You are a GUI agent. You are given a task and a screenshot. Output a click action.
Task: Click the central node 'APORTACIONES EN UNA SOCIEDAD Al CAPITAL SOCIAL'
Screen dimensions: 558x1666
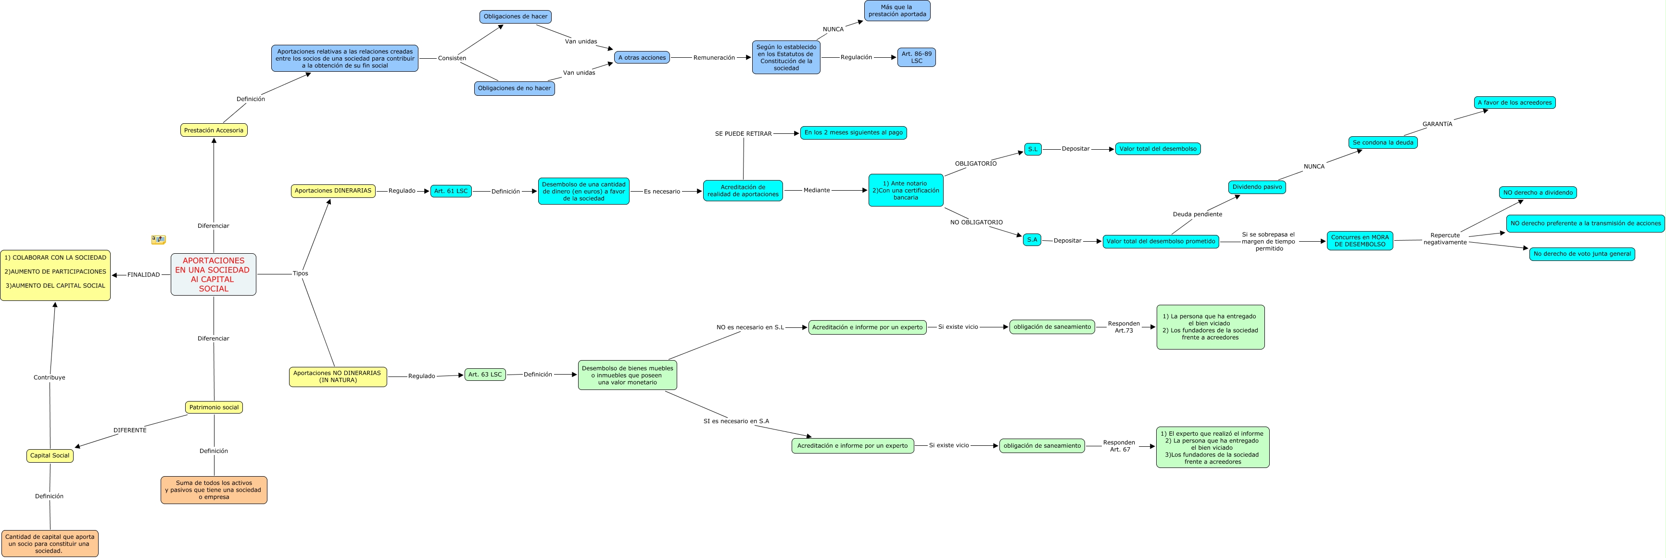pos(214,274)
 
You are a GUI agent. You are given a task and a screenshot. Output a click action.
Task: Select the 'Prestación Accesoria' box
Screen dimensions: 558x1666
pos(214,130)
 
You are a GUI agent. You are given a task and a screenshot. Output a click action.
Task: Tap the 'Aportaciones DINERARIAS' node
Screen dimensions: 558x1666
pos(333,191)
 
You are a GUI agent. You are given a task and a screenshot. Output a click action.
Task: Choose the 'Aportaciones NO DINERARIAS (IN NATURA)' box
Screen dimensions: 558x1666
pos(338,377)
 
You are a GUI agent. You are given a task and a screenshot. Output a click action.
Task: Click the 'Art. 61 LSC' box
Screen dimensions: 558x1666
pos(451,191)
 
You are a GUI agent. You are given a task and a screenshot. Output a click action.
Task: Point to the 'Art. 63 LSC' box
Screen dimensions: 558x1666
pos(485,375)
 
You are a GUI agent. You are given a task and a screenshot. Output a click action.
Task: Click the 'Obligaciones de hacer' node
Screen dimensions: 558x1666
pos(516,17)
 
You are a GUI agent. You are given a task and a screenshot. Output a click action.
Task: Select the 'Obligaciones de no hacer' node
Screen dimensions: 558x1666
pos(514,89)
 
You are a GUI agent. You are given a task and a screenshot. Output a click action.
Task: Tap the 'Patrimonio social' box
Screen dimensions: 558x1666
pos(214,407)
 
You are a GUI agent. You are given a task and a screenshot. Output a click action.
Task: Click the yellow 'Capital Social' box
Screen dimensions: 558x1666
pos(50,456)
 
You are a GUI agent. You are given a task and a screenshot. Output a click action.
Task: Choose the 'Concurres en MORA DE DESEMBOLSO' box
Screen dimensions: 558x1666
pos(1360,241)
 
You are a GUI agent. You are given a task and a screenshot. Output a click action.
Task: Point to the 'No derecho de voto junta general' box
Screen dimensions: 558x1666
pos(1582,254)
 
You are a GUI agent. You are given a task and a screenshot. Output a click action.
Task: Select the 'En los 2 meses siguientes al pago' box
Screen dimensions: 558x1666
pos(853,133)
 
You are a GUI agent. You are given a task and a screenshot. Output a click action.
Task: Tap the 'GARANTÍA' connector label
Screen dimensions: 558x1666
pos(1437,124)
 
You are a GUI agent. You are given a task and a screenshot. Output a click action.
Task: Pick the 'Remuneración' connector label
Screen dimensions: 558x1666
pos(714,58)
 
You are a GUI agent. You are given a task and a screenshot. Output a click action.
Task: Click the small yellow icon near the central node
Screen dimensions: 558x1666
pos(158,239)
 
